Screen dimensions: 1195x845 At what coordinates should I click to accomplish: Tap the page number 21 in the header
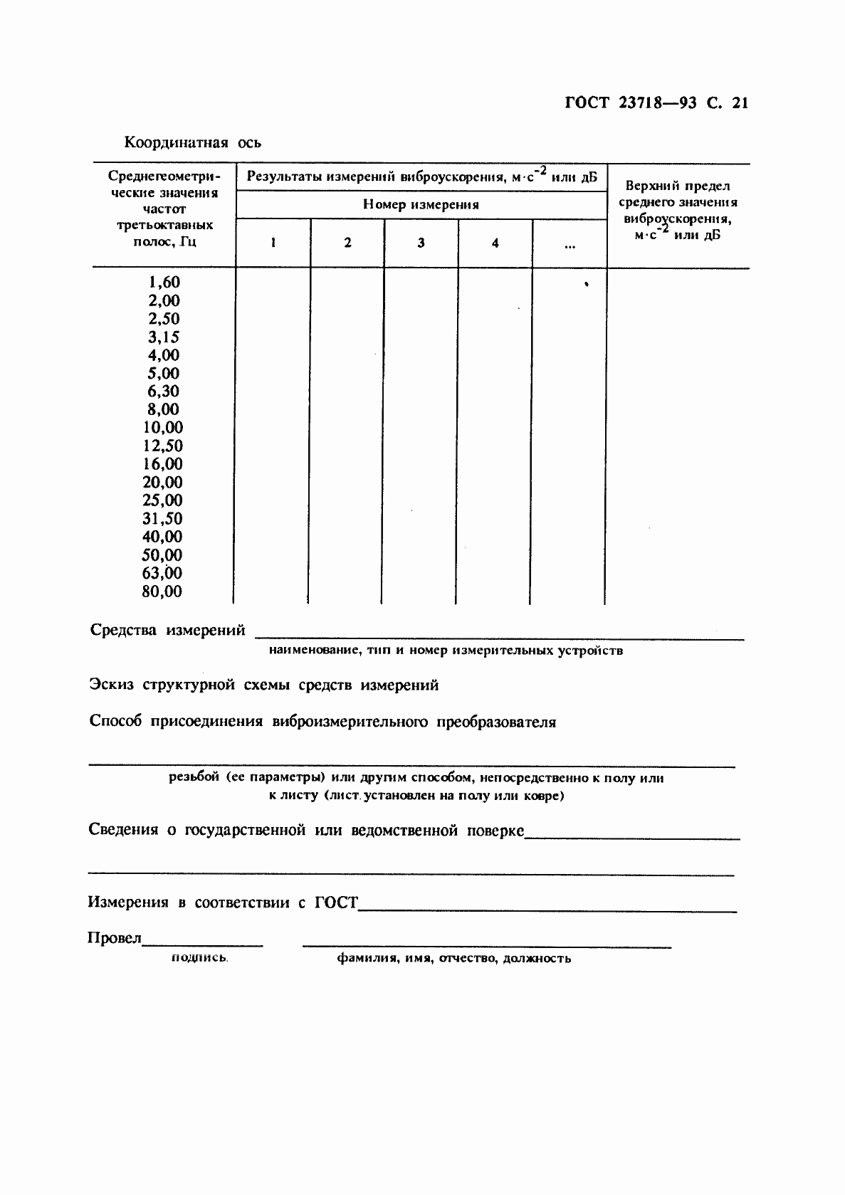coord(740,103)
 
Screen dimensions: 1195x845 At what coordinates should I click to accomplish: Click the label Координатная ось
coord(193,142)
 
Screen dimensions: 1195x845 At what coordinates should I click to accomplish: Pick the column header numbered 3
coord(421,243)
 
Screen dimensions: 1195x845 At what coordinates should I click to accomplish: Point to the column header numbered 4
coord(495,243)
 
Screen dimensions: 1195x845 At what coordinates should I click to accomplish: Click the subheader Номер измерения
coord(421,205)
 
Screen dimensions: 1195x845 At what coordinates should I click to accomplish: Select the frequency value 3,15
coord(164,337)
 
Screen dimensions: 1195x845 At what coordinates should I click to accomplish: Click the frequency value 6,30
coord(164,391)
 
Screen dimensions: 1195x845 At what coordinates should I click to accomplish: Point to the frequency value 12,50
coord(163,446)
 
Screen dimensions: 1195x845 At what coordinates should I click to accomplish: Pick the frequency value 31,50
coord(162,519)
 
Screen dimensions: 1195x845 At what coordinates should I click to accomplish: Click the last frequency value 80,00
coord(162,591)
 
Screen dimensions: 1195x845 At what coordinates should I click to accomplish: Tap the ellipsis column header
coord(570,246)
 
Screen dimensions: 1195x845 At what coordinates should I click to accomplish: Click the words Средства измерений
coord(168,631)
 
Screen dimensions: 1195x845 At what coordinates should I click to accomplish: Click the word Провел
coord(115,938)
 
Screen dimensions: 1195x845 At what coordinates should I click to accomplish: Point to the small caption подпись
coord(199,958)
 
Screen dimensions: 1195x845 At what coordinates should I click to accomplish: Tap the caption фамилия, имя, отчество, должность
coord(453,958)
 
